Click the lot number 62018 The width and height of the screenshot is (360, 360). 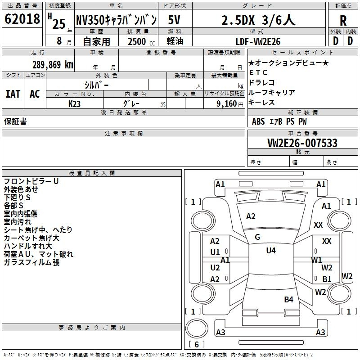tap(22, 19)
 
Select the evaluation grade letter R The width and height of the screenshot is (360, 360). tap(343, 21)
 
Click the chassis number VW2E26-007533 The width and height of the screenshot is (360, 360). tap(302, 143)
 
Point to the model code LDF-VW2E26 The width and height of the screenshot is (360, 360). tap(258, 41)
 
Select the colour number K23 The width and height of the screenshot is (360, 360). tap(75, 103)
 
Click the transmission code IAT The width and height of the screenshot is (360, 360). tap(13, 94)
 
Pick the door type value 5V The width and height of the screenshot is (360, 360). tap(175, 20)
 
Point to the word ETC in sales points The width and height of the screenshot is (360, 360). tap(258, 72)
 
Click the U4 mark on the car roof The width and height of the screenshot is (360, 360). tap(270, 251)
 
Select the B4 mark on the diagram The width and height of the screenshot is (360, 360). tap(288, 299)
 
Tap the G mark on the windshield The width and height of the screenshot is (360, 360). tap(257, 237)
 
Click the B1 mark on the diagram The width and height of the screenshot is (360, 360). tap(327, 279)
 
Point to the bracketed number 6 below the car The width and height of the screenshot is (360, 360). tap(196, 344)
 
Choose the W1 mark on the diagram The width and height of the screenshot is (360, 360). tap(317, 260)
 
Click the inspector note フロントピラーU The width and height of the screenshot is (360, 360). tap(31, 181)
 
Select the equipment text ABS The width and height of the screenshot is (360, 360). tap(258, 121)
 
